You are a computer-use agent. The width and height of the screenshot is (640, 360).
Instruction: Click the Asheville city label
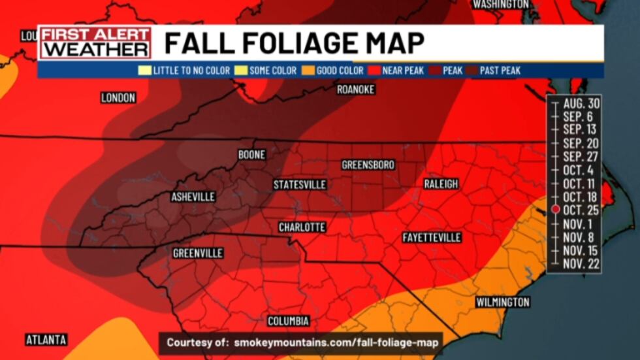pyautogui.click(x=193, y=197)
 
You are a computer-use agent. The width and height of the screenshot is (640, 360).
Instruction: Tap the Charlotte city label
pyautogui.click(x=302, y=227)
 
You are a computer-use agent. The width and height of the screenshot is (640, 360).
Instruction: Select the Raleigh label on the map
pyautogui.click(x=441, y=184)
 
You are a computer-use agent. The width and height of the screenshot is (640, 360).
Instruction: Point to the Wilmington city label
pyautogui.click(x=502, y=302)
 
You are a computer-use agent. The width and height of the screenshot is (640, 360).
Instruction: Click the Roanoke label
pyautogui.click(x=355, y=90)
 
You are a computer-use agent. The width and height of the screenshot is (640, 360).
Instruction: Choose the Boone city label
pyautogui.click(x=251, y=155)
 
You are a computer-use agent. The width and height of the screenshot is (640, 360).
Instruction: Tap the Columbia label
pyautogui.click(x=288, y=321)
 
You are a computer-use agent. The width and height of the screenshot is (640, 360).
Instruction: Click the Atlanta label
pyautogui.click(x=46, y=340)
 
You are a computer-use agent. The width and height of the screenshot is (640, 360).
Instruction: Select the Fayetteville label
pyautogui.click(x=432, y=237)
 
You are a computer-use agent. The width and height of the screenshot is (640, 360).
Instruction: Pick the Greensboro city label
pyautogui.click(x=368, y=165)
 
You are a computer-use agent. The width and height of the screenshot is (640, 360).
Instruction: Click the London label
pyautogui.click(x=118, y=98)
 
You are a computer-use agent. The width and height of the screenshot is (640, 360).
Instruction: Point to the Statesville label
pyautogui.click(x=300, y=185)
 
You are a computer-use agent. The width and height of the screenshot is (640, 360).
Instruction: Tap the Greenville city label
pyautogui.click(x=198, y=253)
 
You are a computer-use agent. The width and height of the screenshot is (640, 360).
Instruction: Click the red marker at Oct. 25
pyautogui.click(x=554, y=209)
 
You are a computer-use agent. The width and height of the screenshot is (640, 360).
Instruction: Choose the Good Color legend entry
pyautogui.click(x=335, y=71)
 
